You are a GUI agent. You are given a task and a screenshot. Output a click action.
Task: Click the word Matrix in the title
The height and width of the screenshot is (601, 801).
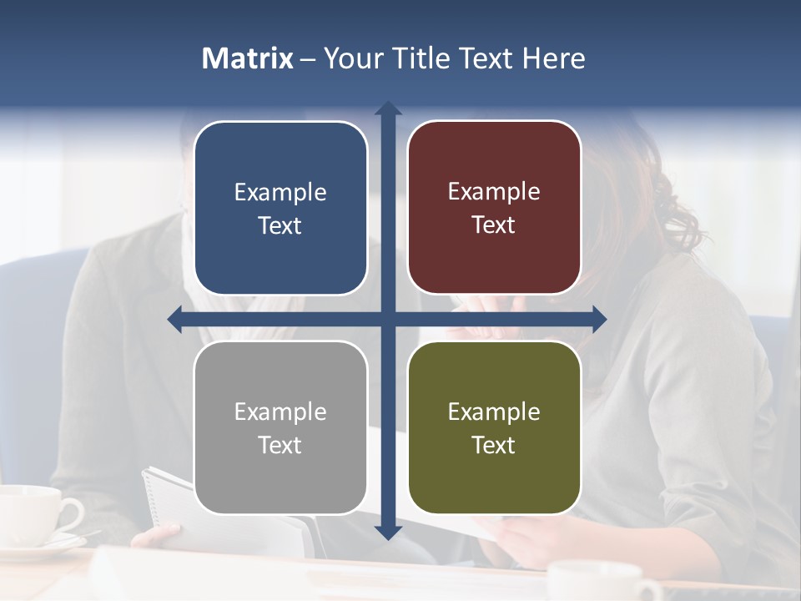[248, 58]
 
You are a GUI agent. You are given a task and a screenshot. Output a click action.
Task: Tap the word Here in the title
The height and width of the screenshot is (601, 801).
[553, 58]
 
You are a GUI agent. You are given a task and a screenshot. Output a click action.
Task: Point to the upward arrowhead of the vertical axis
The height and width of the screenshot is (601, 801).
[388, 109]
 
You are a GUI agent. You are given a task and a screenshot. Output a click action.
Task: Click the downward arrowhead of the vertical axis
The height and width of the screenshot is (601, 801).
[388, 532]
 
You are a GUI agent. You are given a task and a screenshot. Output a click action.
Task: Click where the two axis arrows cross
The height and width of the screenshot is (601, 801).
[388, 319]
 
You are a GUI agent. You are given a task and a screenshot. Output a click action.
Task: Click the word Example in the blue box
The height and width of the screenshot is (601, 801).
[280, 193]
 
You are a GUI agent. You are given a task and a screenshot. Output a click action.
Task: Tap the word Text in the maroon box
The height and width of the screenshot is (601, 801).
[494, 225]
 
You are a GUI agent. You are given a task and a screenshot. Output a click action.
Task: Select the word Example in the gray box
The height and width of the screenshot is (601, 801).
[280, 412]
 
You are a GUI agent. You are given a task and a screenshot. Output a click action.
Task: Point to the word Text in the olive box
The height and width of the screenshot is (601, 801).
[494, 445]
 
